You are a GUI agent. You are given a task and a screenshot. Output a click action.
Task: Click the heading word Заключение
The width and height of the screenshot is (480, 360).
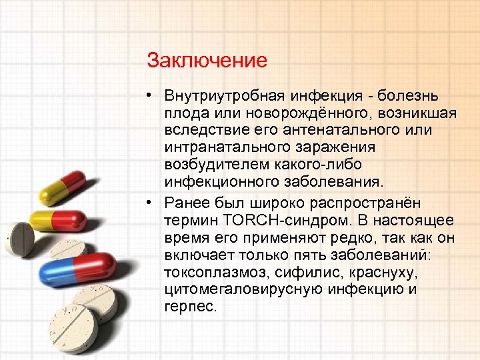coord(207,61)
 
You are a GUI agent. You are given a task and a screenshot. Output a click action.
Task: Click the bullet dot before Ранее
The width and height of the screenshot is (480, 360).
coord(151,203)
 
